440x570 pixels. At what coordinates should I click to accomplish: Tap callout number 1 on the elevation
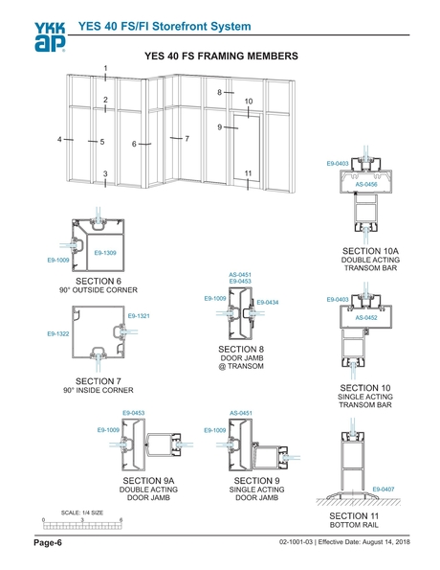pyautogui.click(x=105, y=66)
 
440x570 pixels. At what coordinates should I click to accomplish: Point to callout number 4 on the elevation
pyautogui.click(x=60, y=140)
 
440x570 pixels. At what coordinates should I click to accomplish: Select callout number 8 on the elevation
pyautogui.click(x=219, y=92)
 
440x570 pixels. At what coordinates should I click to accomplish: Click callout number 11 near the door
pyautogui.click(x=248, y=173)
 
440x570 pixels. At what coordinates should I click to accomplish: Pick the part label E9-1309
pyautogui.click(x=104, y=252)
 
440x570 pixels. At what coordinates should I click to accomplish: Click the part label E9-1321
pyautogui.click(x=139, y=315)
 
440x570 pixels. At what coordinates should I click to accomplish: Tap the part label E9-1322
pyautogui.click(x=58, y=333)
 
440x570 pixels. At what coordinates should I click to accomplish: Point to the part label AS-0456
pyautogui.click(x=366, y=183)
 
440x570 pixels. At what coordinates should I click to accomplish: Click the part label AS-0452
pyautogui.click(x=366, y=317)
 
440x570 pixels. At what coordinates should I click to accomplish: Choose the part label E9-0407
pyautogui.click(x=384, y=489)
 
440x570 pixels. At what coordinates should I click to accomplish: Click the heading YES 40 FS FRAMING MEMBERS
pyautogui.click(x=221, y=57)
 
